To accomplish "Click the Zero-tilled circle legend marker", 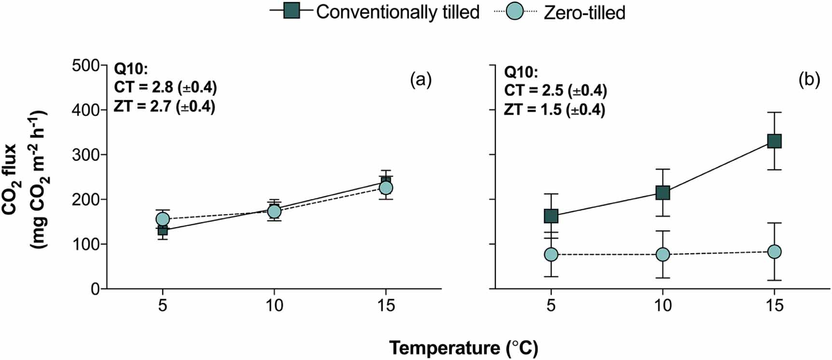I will [x=515, y=11].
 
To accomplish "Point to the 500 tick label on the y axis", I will [x=85, y=65].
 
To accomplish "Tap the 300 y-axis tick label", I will [x=85, y=154].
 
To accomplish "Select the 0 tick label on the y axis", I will [x=95, y=289].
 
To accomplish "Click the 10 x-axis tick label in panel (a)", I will [x=274, y=305].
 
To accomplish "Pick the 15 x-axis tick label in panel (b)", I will [x=774, y=305].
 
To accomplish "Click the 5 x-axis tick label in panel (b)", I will [x=551, y=305].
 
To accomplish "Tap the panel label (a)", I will [x=421, y=80].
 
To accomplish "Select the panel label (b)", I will [x=809, y=80].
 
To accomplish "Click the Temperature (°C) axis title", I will [x=464, y=348].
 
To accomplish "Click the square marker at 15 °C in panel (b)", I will [x=774, y=141].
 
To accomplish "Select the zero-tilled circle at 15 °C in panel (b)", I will [x=774, y=251].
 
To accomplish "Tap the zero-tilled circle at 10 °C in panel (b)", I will [x=663, y=254].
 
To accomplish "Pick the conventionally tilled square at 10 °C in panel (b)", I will [x=663, y=193].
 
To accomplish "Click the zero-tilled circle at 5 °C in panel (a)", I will [x=163, y=219].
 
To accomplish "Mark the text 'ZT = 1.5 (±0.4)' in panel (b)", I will [x=555, y=110].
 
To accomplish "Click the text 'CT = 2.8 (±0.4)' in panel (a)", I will [x=165, y=87].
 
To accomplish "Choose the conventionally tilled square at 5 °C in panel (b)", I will [x=551, y=216].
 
